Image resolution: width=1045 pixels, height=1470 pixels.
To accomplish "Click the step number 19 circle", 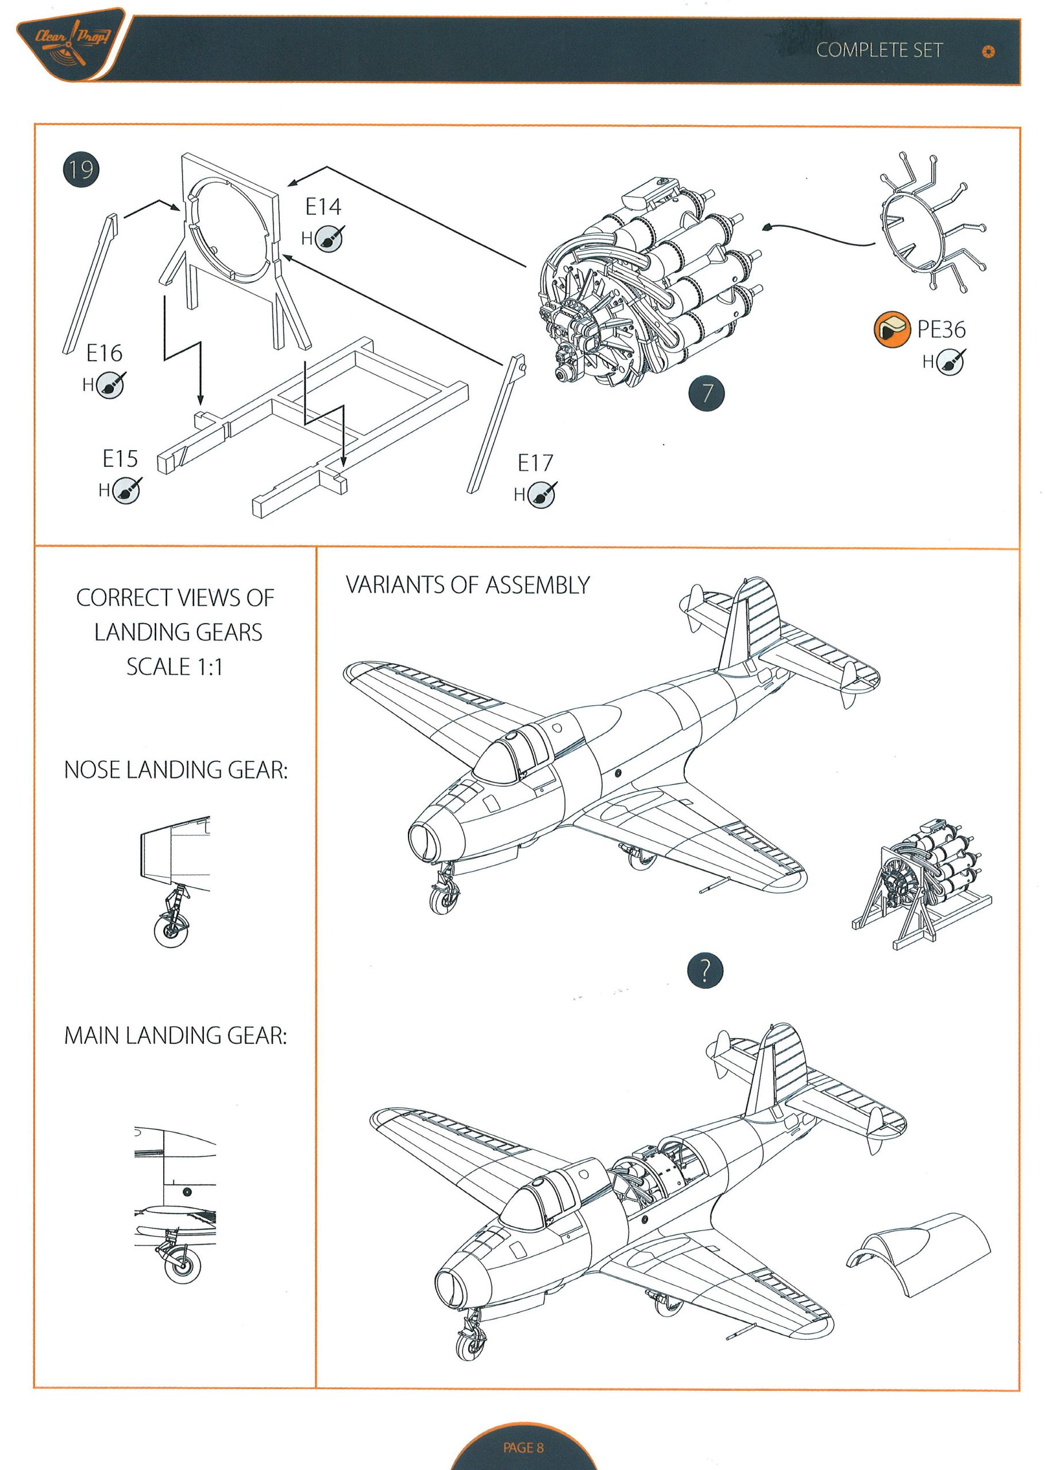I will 81,170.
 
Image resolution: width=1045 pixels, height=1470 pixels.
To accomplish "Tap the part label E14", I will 323,207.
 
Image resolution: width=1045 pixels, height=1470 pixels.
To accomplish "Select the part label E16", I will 104,353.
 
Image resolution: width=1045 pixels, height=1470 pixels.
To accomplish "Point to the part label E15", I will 120,458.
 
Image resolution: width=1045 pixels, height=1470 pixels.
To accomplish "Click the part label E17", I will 535,462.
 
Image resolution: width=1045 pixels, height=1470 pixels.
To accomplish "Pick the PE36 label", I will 941,329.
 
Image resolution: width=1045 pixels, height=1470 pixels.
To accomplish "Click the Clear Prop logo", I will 71,45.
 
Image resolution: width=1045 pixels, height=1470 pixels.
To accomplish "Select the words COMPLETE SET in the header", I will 879,50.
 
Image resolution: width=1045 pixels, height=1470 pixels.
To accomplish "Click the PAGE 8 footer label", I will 523,1447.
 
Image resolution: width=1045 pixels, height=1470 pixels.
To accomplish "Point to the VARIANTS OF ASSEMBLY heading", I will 468,585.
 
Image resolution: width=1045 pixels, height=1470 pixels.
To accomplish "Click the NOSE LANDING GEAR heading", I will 176,769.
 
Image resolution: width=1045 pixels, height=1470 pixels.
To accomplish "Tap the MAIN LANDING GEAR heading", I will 175,1035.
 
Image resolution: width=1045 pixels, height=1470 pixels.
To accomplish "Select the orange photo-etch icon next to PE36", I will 892,328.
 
